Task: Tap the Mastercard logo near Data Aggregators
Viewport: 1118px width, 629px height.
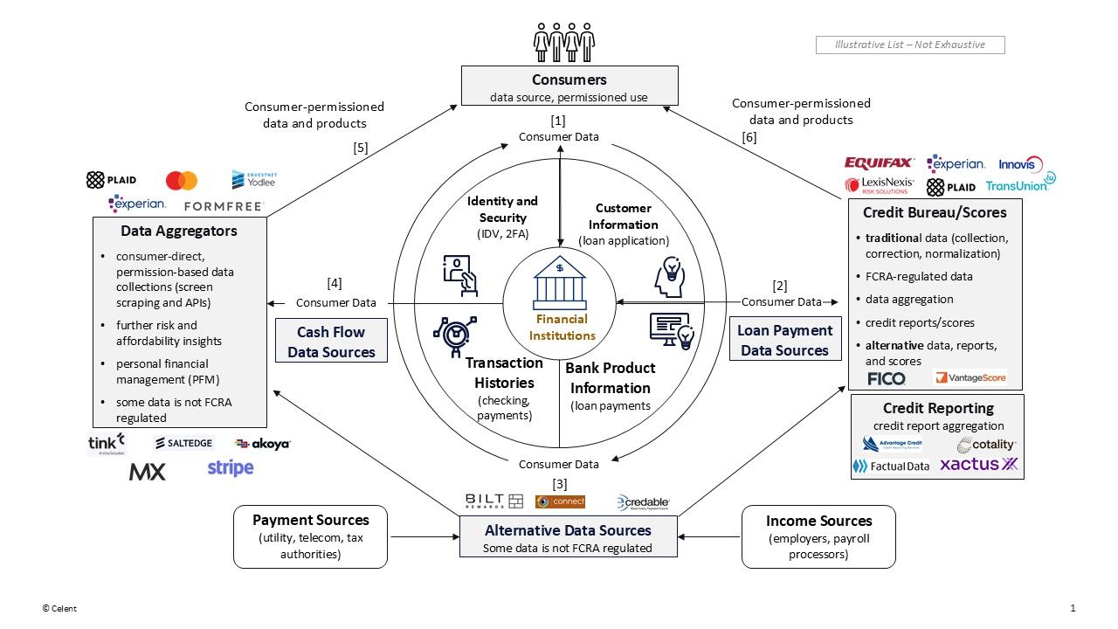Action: click(x=182, y=181)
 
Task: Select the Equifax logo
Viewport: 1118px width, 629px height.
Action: click(x=879, y=162)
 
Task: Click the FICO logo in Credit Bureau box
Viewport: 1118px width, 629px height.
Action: click(x=886, y=378)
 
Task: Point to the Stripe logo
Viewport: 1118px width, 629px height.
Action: click(x=231, y=468)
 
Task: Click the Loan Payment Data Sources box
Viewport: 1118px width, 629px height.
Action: click(x=784, y=341)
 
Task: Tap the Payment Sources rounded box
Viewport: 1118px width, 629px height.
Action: click(x=310, y=536)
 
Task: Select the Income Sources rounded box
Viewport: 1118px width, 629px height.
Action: click(x=818, y=536)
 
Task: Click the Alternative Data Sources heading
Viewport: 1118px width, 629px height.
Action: click(x=568, y=530)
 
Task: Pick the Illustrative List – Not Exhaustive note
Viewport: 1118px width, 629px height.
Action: click(x=909, y=45)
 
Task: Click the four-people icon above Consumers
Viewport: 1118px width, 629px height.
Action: click(x=564, y=41)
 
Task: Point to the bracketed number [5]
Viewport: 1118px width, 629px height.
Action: click(x=361, y=148)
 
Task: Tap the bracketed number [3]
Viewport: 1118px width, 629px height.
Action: click(x=559, y=483)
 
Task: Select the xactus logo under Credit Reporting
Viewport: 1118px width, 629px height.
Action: click(x=978, y=465)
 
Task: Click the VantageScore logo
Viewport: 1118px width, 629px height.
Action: click(x=970, y=378)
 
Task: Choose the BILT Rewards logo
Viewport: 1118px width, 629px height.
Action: click(x=494, y=501)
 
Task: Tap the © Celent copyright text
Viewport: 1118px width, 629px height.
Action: click(x=59, y=608)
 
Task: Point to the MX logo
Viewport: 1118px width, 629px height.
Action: click(x=147, y=472)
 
